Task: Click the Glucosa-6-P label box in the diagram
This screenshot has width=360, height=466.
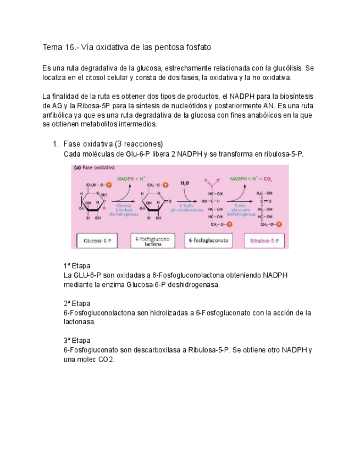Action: [97, 241]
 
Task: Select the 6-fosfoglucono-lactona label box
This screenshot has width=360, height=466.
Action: [152, 241]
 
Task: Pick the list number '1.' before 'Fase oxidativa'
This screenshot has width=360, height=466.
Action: [55, 144]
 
